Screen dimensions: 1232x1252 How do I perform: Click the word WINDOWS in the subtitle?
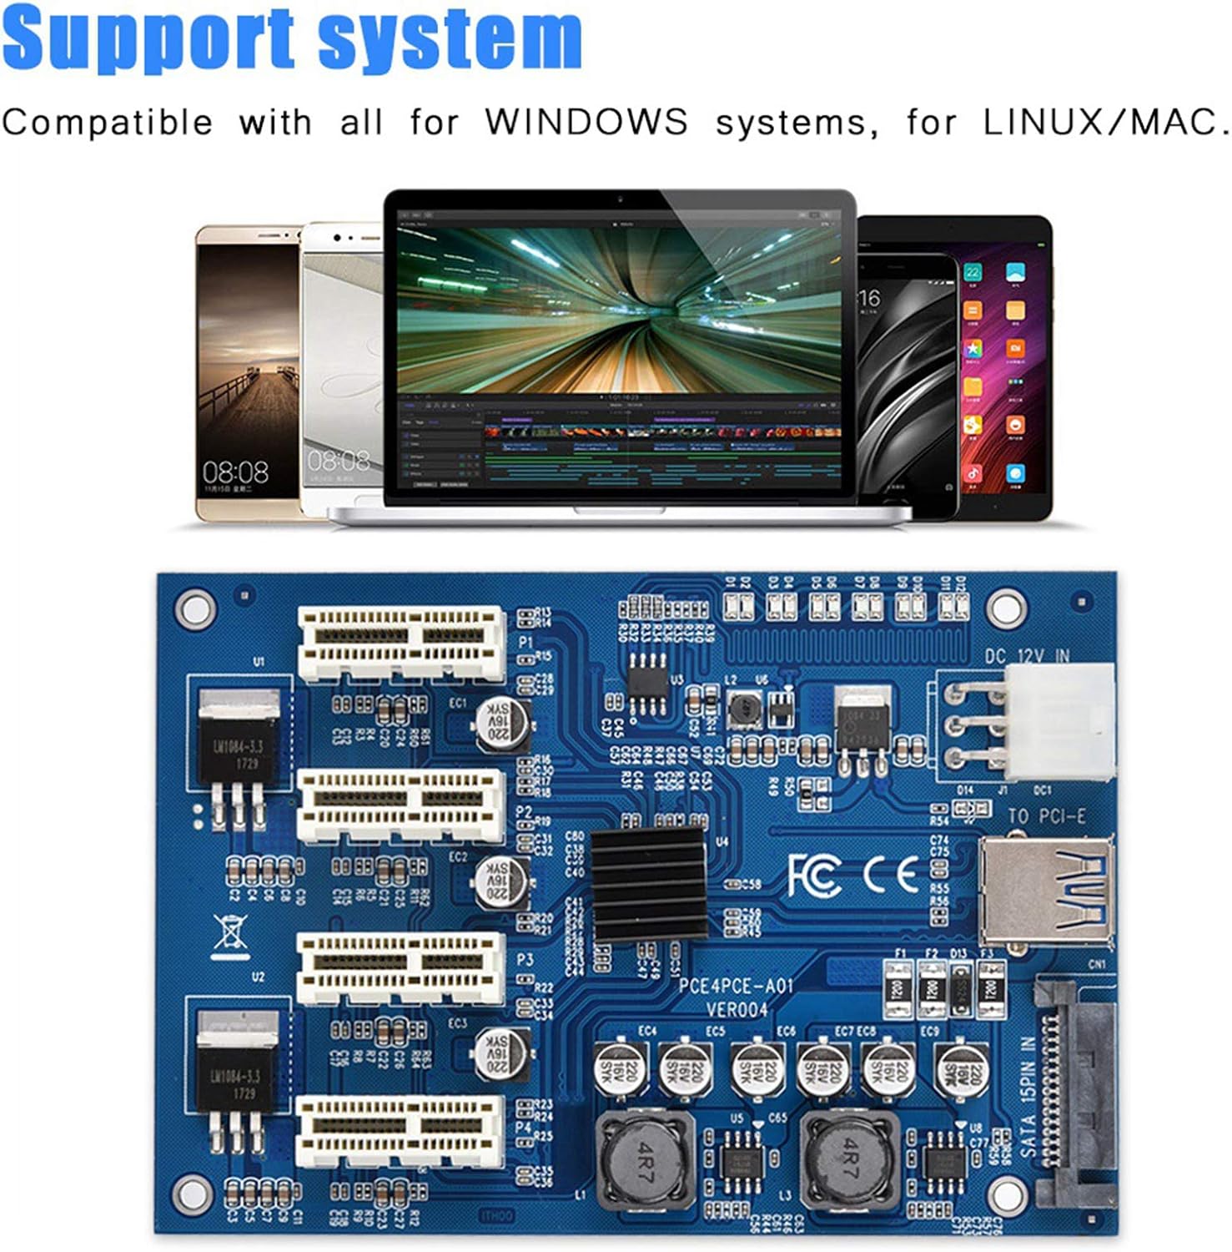click(587, 122)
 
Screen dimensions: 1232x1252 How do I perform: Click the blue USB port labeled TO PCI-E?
click(1048, 892)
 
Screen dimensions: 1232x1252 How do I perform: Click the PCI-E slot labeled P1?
click(401, 642)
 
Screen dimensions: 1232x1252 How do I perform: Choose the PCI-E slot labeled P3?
click(400, 968)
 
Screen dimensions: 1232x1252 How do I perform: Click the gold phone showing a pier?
click(248, 372)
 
